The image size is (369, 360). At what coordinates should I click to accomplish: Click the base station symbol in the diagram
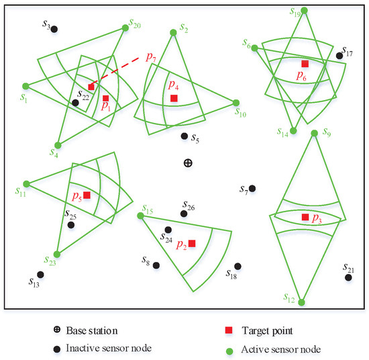188,163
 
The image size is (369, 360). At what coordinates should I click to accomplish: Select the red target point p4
174,99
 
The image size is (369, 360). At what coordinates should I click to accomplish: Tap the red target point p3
305,217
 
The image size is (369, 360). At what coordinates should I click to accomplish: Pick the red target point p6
305,64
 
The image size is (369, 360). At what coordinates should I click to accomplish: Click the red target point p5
87,195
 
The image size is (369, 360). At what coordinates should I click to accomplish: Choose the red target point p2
192,243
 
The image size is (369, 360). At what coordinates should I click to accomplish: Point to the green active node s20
125,28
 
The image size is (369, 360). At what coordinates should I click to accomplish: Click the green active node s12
302,302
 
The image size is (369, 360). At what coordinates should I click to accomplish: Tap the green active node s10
237,103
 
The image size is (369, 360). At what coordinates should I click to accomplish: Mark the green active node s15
140,216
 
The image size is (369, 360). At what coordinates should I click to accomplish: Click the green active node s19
305,10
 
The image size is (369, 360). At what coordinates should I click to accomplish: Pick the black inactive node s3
54,29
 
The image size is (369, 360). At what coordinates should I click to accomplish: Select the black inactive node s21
348,277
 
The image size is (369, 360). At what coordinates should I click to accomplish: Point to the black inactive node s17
339,55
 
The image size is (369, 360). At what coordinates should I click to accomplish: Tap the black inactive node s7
252,189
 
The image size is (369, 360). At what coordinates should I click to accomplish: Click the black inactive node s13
41,274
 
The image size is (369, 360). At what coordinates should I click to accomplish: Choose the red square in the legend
229,330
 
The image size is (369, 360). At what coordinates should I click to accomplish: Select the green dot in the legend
229,349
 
